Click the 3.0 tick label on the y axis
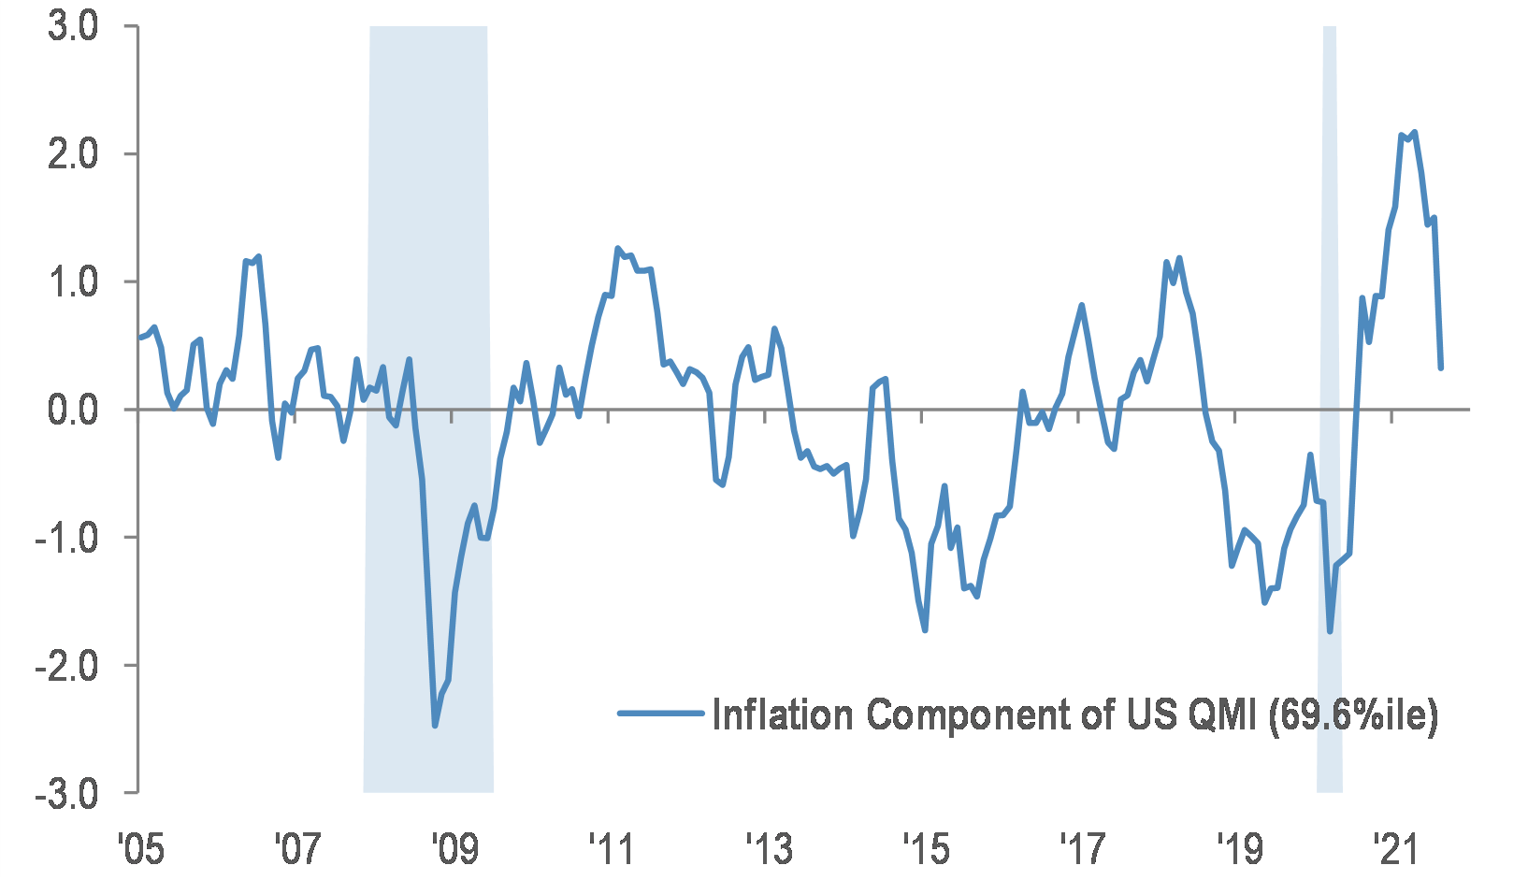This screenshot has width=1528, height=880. click(73, 26)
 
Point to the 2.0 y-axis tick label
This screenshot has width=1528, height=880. click(73, 154)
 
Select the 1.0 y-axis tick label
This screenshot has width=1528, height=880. click(73, 282)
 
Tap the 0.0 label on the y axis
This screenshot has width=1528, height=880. click(73, 410)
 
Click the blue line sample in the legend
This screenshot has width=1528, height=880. click(660, 714)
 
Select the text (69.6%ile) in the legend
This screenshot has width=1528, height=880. click(1352, 715)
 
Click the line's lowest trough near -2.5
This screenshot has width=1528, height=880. click(435, 725)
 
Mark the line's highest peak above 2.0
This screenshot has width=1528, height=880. click(1413, 133)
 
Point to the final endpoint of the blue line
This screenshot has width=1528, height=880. click(1440, 368)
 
